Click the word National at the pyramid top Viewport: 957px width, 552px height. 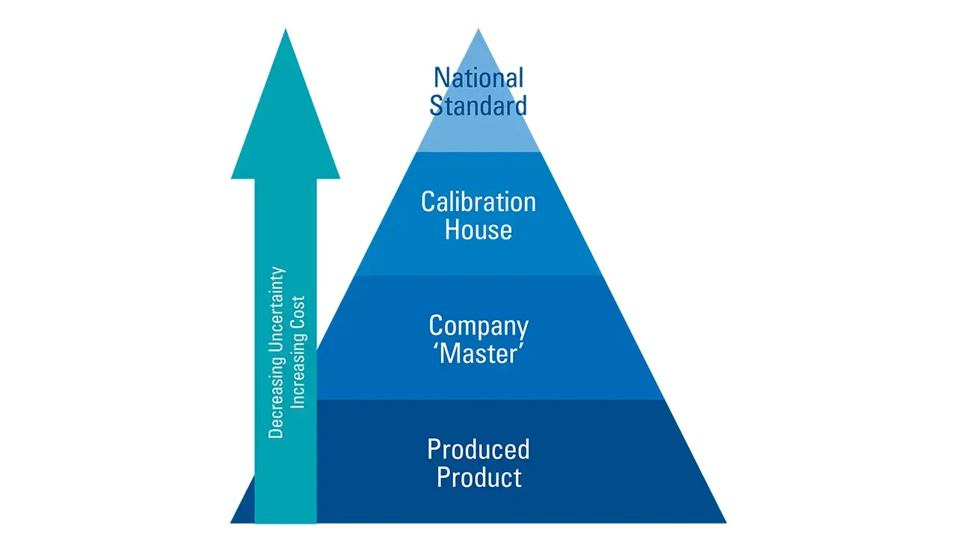tap(478, 78)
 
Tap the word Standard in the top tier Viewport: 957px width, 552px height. tap(478, 105)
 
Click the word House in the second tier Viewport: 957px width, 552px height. tap(478, 229)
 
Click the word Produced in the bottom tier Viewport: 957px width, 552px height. tap(478, 449)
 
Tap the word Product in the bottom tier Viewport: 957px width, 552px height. tap(478, 477)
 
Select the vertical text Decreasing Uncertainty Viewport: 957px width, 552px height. tap(277, 352)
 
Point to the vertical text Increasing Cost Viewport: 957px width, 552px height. tap(298, 352)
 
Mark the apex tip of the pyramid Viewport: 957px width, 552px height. tap(478, 31)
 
